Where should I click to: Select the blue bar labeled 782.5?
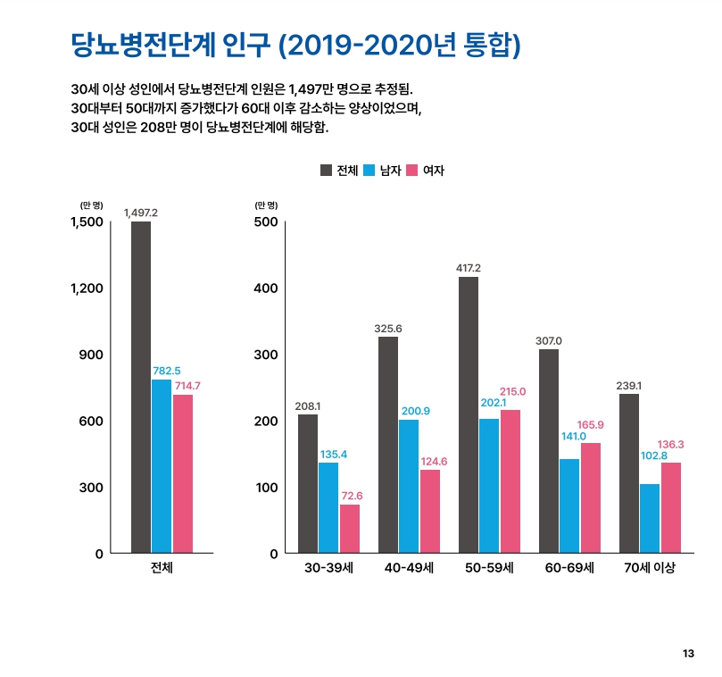162,466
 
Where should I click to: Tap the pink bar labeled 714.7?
183,473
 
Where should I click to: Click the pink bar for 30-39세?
350,529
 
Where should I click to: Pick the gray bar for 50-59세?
469,414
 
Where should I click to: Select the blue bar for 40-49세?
409,486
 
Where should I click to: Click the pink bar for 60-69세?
591,497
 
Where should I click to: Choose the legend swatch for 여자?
413,171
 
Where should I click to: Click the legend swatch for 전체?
326,171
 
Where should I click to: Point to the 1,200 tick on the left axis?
87,288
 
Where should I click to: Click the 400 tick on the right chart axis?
267,288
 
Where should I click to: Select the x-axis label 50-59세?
489,568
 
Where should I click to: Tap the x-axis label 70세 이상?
649,568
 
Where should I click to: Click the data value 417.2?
468,268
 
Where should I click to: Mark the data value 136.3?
670,445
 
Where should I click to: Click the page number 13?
687,654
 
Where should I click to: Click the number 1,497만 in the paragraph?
313,90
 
